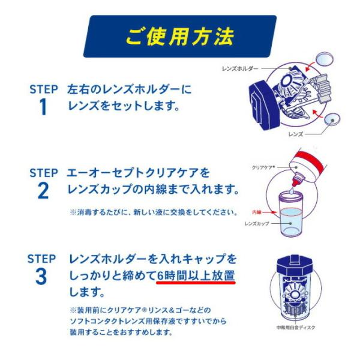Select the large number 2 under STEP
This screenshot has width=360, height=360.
point(43,190)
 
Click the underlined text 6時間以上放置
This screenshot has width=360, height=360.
point(196,276)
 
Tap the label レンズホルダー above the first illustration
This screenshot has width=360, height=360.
point(239,70)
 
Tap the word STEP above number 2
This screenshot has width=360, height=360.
point(43,172)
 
